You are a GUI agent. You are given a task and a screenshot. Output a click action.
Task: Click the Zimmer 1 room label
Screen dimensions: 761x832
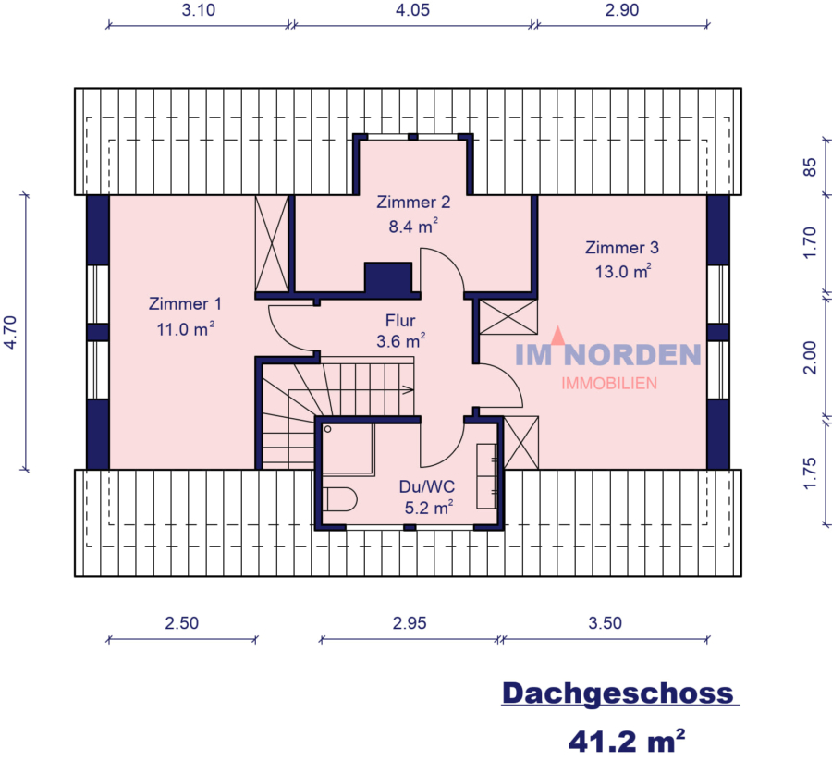[185, 303]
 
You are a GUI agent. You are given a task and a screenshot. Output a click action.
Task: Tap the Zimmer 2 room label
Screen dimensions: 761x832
[412, 203]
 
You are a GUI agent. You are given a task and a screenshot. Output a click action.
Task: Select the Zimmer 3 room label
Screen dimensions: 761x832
[621, 248]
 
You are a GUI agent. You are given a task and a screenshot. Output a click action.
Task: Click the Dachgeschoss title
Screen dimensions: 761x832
[618, 693]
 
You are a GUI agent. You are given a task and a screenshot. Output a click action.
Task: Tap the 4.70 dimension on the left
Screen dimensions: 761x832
[10, 330]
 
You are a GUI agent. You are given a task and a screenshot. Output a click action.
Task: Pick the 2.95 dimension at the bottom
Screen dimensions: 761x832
[409, 622]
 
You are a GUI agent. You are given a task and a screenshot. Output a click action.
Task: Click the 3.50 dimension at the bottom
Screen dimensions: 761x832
[605, 622]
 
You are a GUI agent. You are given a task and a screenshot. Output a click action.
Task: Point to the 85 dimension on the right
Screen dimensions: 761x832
[810, 168]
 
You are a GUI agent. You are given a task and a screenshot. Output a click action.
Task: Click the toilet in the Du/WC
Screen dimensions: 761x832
[342, 500]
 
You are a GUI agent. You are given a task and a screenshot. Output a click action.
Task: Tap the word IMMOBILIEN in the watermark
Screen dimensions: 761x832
[609, 383]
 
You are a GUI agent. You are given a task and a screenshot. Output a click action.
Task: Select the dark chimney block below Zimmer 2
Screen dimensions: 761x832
[387, 278]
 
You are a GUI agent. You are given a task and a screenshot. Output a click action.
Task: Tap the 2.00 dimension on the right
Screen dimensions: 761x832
[810, 357]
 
